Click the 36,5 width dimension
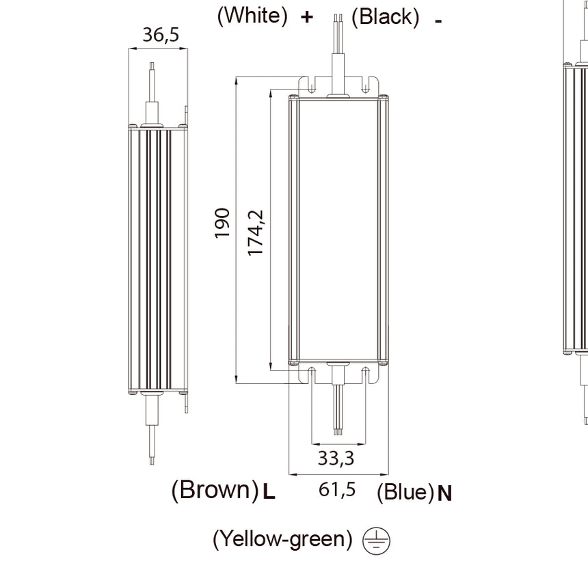tap(161, 35)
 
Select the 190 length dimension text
tap(222, 223)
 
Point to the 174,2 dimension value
tap(256, 233)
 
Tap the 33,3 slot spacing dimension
tap(336, 458)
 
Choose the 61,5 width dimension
tap(337, 489)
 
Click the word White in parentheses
tap(253, 16)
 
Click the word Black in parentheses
tap(386, 17)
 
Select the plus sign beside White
tap(307, 17)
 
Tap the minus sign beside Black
tap(438, 21)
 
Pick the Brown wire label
tap(215, 489)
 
